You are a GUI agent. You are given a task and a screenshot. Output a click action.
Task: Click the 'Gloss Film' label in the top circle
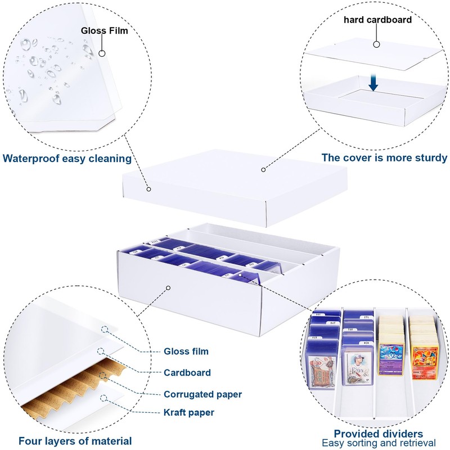[x=105, y=30]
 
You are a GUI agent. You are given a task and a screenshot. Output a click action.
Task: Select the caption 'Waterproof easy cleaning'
[x=67, y=158]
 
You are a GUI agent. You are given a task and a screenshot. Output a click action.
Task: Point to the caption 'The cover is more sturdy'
[x=384, y=158]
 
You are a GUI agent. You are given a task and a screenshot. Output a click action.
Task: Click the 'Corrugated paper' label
[x=203, y=394]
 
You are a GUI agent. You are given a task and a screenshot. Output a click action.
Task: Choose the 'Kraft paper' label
[x=189, y=412]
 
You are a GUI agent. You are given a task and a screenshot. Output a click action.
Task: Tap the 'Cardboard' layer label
[x=187, y=372]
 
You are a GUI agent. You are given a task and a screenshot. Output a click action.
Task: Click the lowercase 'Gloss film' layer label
[x=186, y=352]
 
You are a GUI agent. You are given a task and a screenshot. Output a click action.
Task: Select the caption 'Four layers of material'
[x=75, y=441]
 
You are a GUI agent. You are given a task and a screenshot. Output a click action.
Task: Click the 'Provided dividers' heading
[x=378, y=434]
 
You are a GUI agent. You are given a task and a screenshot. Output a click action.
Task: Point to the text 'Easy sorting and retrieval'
[x=379, y=444]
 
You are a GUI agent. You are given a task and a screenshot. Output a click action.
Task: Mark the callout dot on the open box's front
[x=168, y=288]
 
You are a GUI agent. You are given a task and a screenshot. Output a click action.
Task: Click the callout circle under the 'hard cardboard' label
[x=376, y=43]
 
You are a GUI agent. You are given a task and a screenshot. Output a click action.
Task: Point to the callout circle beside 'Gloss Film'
[x=102, y=53]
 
